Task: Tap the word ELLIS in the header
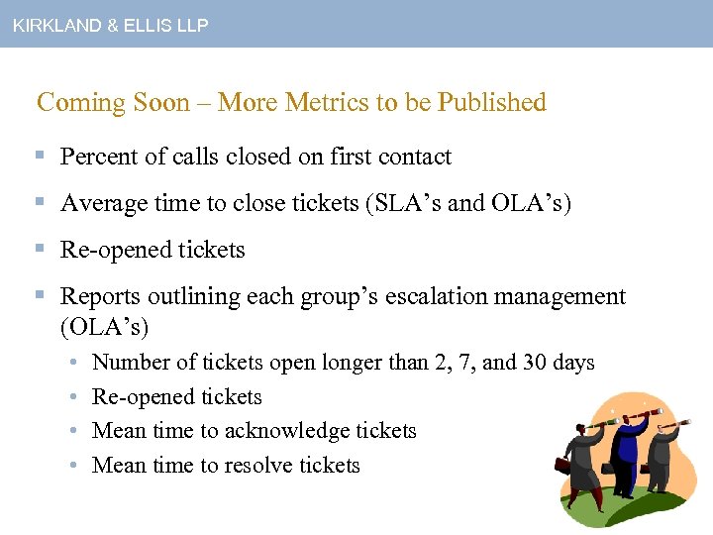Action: tap(147, 26)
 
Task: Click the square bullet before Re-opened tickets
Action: tap(41, 250)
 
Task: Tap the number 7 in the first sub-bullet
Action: tap(465, 363)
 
